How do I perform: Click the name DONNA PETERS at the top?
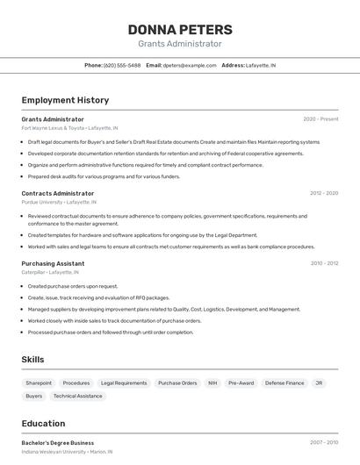click(x=180, y=29)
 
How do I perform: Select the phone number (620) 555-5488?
click(x=122, y=65)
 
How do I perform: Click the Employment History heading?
click(x=65, y=100)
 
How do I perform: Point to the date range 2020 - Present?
click(x=320, y=118)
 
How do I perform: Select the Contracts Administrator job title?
click(x=58, y=193)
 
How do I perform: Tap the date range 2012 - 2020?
click(x=324, y=193)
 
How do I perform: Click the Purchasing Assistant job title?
click(x=54, y=263)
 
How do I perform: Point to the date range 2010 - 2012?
click(x=324, y=263)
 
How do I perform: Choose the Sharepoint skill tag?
click(x=39, y=383)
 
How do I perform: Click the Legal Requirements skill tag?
click(x=124, y=383)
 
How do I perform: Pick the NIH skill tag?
click(x=212, y=383)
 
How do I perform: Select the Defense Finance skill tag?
click(x=284, y=383)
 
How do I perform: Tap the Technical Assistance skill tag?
click(x=77, y=396)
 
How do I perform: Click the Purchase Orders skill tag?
click(x=177, y=383)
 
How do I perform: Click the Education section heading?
click(x=43, y=423)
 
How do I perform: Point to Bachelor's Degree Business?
click(x=57, y=443)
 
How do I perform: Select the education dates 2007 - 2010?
click(x=324, y=443)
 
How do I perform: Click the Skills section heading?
click(x=33, y=360)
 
